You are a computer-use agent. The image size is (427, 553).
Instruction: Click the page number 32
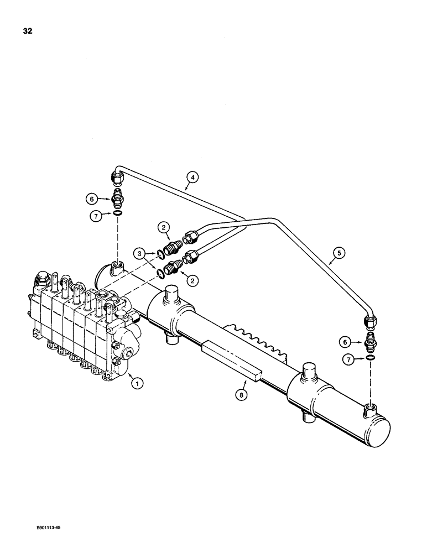27,31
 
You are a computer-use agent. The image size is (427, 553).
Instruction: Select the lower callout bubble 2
193,281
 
